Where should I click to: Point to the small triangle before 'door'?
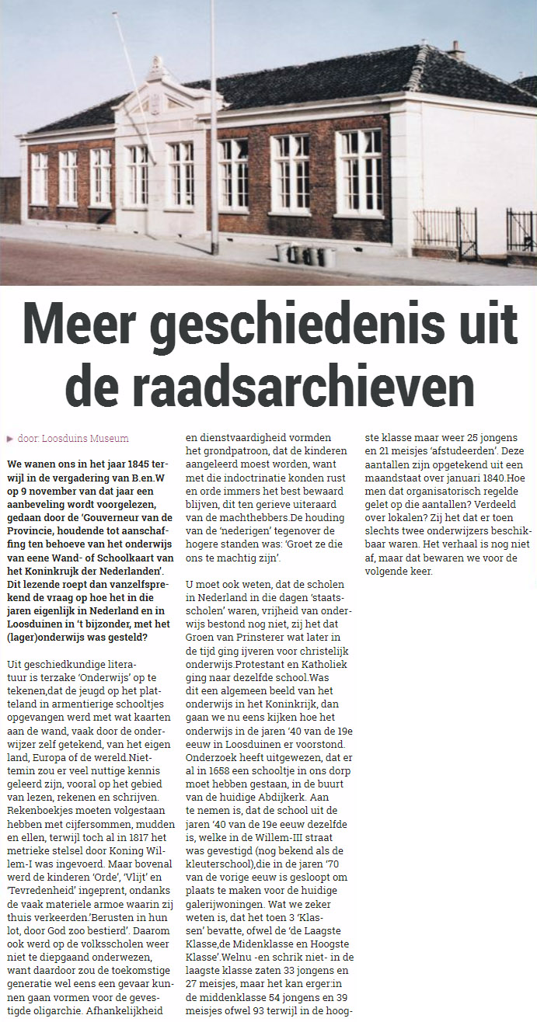10,439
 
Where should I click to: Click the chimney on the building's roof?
456,52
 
